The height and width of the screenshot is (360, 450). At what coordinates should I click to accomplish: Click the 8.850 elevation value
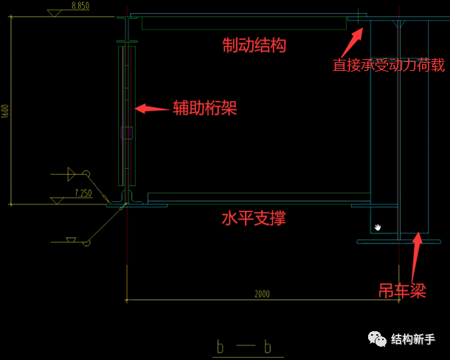(81, 6)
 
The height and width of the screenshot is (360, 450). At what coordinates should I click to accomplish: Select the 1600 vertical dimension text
(5, 111)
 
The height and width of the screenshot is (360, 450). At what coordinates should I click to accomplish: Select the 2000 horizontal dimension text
(262, 294)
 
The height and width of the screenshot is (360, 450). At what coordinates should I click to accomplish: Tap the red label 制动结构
(254, 45)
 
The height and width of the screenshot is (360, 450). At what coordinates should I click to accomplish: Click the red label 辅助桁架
(204, 108)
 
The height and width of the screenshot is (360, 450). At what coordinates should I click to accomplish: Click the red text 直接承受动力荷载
(388, 65)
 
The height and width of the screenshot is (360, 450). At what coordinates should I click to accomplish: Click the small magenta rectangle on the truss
(127, 133)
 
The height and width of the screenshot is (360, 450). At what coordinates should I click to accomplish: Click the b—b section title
(244, 346)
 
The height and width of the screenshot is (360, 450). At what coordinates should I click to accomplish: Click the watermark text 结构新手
(415, 339)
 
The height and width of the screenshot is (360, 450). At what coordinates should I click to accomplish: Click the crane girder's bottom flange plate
(398, 241)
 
